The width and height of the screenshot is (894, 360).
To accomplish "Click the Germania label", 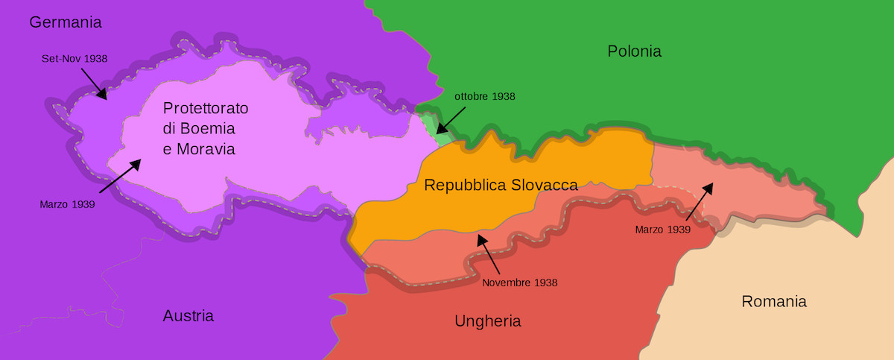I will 65,22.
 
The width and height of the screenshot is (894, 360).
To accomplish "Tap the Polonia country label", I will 634,51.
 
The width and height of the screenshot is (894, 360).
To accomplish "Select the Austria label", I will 188,316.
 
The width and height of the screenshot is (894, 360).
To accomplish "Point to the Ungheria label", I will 487,321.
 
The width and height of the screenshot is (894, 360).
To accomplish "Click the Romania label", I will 774,302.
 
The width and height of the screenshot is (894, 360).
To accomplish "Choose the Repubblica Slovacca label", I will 501,185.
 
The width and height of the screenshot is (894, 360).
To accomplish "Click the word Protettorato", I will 206,108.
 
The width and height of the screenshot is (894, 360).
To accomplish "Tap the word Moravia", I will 206,149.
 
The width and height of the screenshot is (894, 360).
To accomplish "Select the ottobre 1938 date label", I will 484,96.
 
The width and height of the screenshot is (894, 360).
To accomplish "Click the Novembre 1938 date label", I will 519,282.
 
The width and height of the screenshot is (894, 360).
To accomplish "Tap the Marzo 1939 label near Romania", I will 663,230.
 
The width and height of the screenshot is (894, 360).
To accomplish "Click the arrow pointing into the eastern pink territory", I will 698,201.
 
